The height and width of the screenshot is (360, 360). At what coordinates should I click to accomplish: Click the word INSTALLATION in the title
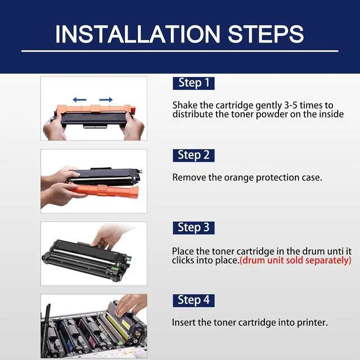pyautogui.click(x=137, y=34)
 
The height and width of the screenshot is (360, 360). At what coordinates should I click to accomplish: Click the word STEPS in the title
pyautogui.click(x=266, y=34)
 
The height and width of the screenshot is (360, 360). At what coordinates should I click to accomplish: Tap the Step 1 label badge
pyautogui.click(x=193, y=83)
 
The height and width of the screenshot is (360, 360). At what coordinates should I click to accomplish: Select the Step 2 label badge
pyautogui.click(x=193, y=155)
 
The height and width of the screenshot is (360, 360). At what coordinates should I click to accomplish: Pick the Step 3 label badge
pyautogui.click(x=193, y=228)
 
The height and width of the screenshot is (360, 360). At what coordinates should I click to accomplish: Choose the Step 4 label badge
pyautogui.click(x=193, y=300)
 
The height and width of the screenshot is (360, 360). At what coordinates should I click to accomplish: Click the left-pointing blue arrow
pyautogui.click(x=79, y=100)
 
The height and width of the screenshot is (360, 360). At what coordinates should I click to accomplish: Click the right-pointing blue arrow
pyautogui.click(x=106, y=100)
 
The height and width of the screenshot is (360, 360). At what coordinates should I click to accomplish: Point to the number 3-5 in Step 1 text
pyautogui.click(x=291, y=105)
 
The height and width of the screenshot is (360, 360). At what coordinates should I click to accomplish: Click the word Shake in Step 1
pyautogui.click(x=185, y=105)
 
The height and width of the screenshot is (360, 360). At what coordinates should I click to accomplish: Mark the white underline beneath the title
pyautogui.click(x=180, y=51)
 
